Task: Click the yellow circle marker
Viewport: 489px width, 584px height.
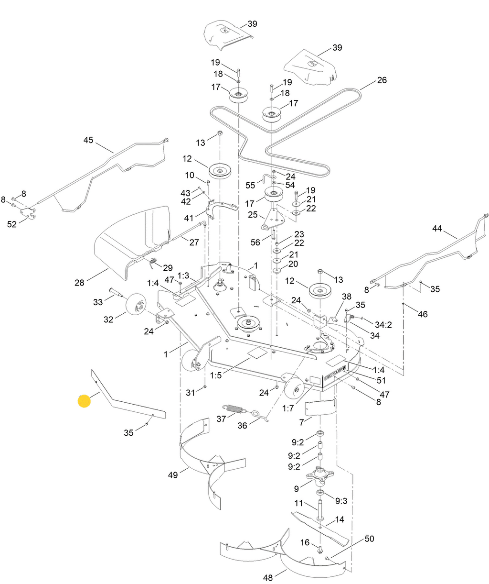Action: [x=84, y=401]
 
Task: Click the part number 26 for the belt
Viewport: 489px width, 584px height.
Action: [x=382, y=80]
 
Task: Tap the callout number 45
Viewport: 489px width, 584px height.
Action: [x=88, y=140]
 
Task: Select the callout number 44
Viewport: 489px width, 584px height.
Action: [x=437, y=229]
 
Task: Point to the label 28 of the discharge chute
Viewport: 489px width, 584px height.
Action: [x=79, y=283]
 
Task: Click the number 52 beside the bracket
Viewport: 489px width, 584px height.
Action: [x=12, y=224]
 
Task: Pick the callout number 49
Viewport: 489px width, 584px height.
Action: [x=173, y=475]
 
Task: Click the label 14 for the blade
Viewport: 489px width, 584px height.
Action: [x=340, y=519]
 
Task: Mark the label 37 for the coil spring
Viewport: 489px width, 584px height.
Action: [x=221, y=419]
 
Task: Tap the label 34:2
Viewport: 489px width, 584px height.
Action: [x=383, y=325]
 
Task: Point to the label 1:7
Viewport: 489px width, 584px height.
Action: [x=288, y=408]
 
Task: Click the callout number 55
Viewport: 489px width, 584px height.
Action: [x=250, y=186]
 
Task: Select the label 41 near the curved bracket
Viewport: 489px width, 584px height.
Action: [x=189, y=218]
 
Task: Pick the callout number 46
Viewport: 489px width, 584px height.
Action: [x=423, y=314]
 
